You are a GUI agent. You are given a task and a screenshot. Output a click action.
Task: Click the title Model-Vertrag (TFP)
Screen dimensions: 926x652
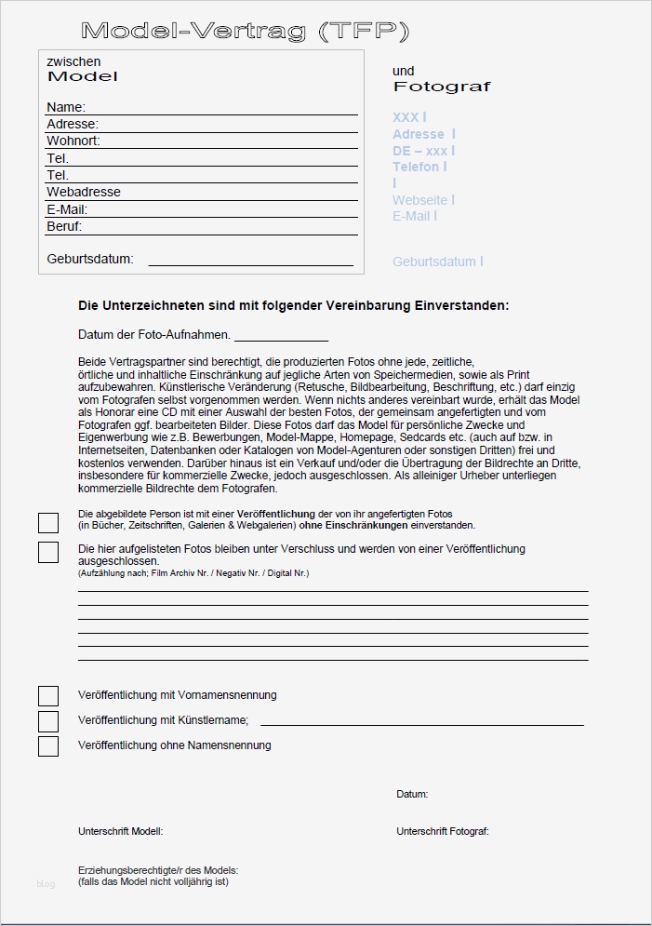point(245,32)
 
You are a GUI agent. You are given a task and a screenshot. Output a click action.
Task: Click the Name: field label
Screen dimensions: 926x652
point(66,107)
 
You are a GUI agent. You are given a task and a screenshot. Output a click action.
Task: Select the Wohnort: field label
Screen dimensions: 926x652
point(73,141)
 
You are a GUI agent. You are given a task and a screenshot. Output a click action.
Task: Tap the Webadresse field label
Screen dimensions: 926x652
point(84,192)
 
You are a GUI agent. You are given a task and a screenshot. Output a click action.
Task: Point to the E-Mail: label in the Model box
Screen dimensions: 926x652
point(67,209)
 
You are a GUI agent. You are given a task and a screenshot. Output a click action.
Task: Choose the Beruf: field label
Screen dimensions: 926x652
point(64,226)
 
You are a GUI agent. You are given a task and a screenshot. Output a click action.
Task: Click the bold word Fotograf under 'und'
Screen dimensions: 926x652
point(441,87)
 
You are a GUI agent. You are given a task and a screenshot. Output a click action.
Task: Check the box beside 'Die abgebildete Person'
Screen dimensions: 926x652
point(48,523)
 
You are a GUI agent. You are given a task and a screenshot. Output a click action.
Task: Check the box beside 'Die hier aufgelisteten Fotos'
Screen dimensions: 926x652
point(48,553)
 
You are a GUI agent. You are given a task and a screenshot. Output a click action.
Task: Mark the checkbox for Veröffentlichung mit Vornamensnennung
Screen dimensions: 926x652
point(48,696)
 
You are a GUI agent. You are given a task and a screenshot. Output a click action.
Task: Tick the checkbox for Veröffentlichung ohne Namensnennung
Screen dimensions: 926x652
point(48,746)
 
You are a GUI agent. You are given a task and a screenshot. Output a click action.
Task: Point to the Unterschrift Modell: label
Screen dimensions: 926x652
point(120,831)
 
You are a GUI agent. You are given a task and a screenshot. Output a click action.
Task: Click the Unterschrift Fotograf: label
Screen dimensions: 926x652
point(442,831)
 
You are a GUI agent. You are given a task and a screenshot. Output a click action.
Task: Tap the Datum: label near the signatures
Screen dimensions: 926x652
point(412,795)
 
